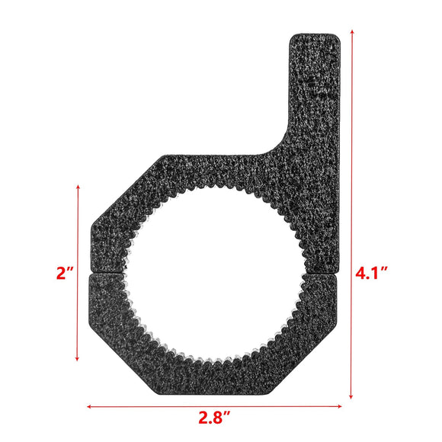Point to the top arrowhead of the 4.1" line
point(352,32)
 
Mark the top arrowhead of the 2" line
point(78,185)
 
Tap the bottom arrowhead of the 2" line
point(78,360)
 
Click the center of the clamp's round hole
point(216,273)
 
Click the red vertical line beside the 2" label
point(78,273)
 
